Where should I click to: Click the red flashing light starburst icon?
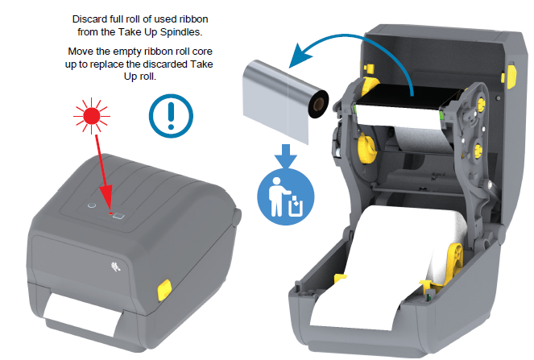click(91, 116)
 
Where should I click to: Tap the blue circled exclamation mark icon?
click(171, 116)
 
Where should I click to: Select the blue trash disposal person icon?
click(286, 197)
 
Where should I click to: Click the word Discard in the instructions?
click(89, 19)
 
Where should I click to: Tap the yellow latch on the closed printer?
click(164, 290)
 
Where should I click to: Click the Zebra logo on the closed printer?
click(116, 267)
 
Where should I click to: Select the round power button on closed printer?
click(92, 205)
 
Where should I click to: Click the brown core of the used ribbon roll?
click(319, 104)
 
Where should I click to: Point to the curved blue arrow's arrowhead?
click(300, 56)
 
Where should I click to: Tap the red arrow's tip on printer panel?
click(110, 212)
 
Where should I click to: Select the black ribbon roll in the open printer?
click(408, 97)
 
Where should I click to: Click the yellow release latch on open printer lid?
click(511, 76)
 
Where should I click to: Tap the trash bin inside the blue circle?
click(295, 207)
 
